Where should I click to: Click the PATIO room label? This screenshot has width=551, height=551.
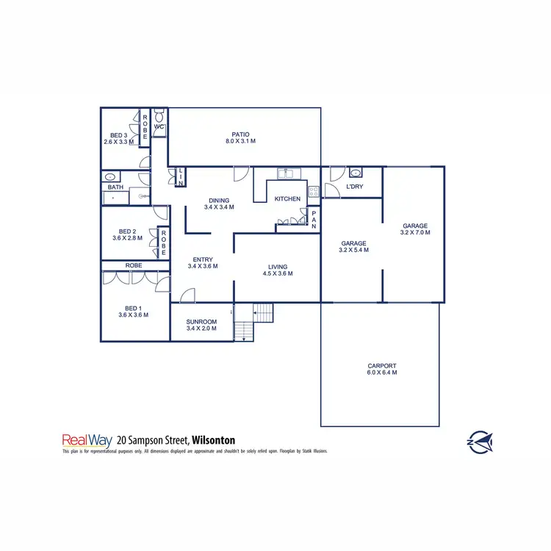240,134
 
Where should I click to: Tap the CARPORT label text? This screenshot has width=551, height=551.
382,365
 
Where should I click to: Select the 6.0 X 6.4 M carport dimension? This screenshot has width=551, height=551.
382,373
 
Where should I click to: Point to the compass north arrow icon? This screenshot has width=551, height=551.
480,442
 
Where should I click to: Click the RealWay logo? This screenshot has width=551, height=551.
87,441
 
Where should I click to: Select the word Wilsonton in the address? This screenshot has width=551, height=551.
216,441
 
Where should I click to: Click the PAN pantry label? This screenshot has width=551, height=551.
314,220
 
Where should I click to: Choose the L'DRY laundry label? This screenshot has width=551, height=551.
354,187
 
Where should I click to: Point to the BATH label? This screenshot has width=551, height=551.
115,187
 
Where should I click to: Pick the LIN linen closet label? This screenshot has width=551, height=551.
181,176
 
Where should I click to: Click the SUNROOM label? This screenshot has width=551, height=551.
201,322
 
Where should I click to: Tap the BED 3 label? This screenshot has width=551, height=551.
119,135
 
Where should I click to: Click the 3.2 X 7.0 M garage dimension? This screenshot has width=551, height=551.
415,233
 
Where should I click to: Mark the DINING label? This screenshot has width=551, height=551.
219,200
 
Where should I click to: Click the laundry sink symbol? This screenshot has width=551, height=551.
356,173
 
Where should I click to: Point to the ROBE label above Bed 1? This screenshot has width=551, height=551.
134,265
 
